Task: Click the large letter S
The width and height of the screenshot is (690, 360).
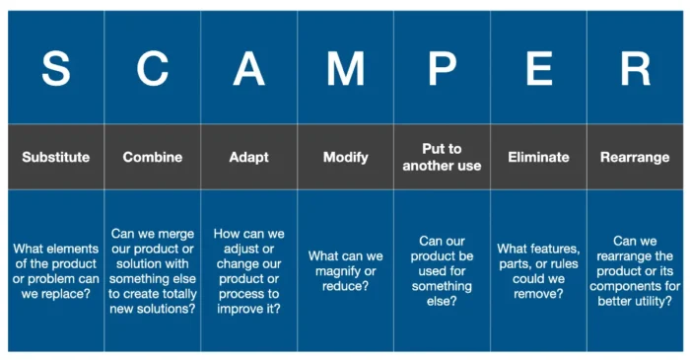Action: click(x=56, y=68)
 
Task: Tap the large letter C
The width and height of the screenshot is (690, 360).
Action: click(x=153, y=68)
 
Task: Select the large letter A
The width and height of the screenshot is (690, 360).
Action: click(x=248, y=68)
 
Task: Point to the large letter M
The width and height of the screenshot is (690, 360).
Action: click(x=345, y=68)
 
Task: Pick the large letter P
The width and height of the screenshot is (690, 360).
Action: click(x=442, y=68)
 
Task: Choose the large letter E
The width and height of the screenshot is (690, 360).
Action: click(x=538, y=68)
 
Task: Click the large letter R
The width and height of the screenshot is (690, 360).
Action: click(x=635, y=68)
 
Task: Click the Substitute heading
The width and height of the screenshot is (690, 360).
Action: click(x=56, y=157)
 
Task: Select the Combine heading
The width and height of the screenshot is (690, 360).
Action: click(x=153, y=157)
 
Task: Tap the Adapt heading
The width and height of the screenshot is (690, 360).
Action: click(x=248, y=157)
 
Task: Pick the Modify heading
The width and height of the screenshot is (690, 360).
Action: click(x=345, y=157)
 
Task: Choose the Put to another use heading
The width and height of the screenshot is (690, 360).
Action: click(x=442, y=157)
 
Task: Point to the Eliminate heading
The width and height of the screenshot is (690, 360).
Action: click(x=538, y=157)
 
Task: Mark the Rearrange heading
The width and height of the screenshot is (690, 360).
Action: click(x=635, y=157)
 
